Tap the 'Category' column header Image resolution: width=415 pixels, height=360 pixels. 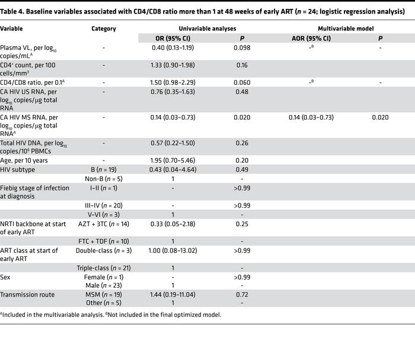click(x=104, y=28)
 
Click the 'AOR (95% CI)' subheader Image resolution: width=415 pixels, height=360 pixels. click(x=311, y=39)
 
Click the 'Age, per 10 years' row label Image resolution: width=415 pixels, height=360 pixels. click(x=24, y=160)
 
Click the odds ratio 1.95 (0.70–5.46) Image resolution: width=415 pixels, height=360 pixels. click(x=173, y=160)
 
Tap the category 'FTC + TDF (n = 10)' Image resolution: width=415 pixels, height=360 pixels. click(x=104, y=241)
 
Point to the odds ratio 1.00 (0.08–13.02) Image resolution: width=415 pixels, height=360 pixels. click(x=173, y=250)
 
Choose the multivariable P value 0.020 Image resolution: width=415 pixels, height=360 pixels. click(x=380, y=117)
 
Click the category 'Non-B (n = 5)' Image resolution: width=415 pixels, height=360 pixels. click(x=104, y=178)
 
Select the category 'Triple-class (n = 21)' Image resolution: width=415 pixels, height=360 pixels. click(x=104, y=267)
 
